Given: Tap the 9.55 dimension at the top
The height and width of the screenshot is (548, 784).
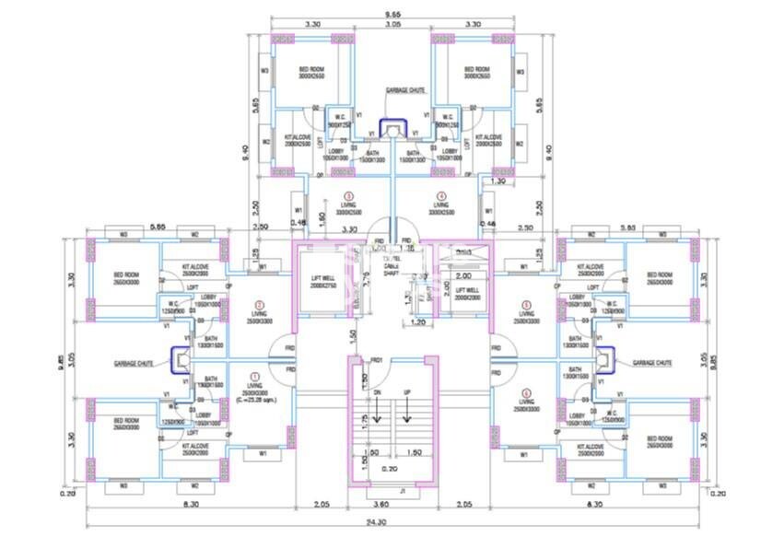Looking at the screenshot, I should click(393, 14).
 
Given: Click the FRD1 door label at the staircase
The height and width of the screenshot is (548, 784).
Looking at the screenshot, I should click(376, 360).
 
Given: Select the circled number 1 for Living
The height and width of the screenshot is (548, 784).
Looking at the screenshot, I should click(255, 377).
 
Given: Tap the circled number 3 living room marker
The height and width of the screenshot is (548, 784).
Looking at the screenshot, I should click(347, 195).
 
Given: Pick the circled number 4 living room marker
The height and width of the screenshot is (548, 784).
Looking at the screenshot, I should click(441, 195).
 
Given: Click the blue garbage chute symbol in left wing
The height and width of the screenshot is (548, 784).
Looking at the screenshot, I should click(180, 357).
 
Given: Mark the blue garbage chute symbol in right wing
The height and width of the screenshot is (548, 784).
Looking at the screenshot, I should click(604, 357).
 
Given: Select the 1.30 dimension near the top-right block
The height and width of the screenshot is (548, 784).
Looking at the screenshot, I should click(498, 181).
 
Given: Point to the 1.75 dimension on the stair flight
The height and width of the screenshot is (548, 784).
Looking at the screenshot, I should click(364, 418).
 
